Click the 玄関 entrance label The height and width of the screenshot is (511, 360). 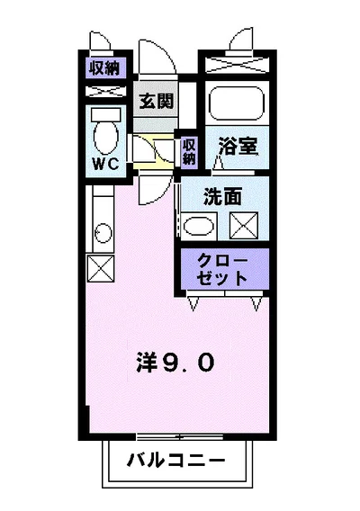click(x=156, y=102)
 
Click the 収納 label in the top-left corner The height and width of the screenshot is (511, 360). click(x=107, y=67)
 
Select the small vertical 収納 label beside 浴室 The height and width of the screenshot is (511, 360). click(x=189, y=150)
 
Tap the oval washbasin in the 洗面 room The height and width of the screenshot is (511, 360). click(x=197, y=224)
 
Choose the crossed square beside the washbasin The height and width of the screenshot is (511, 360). click(x=244, y=224)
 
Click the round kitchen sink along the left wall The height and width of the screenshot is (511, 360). click(x=103, y=235)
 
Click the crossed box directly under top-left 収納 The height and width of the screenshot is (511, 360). click(x=107, y=91)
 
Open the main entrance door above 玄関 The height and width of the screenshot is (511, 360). click(x=156, y=61)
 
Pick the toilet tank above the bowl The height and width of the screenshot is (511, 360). click(x=107, y=115)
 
